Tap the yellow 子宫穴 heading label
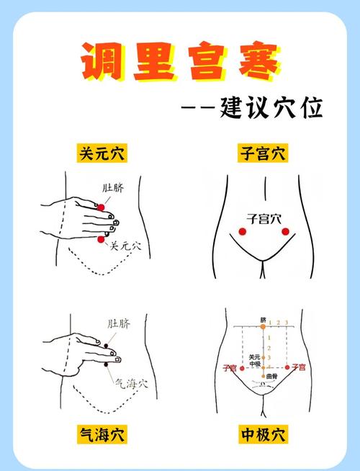tap(262, 153)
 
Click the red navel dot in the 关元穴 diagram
tap(102, 208)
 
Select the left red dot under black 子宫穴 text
tap(243, 231)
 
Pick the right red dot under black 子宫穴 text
tap(285, 231)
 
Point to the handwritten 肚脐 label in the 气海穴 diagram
tap(119, 324)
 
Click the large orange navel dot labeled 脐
tap(264, 327)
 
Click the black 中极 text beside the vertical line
tap(254, 364)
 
